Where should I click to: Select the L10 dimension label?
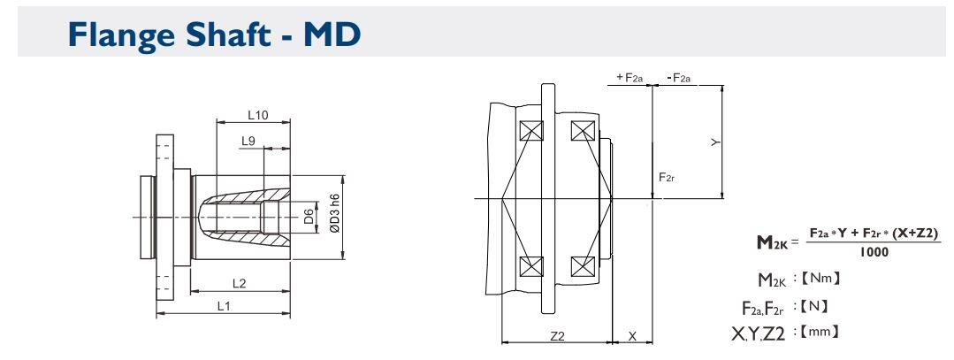coord(257,115)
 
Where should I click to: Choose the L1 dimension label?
coord(225,305)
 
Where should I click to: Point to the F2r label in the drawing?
coord(668,177)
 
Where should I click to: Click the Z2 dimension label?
coord(556,337)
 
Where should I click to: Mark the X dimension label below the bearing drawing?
coord(630,337)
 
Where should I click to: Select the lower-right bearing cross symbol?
coord(582,266)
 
